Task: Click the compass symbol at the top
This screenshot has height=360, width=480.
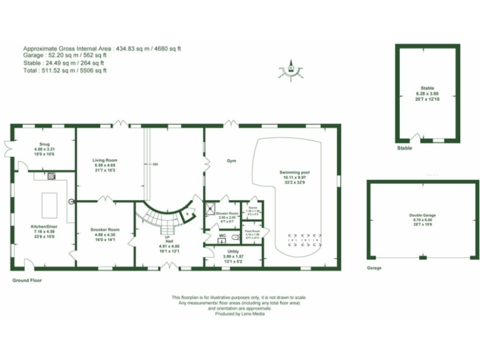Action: tap(291, 68)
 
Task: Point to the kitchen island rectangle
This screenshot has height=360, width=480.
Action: tap(49, 204)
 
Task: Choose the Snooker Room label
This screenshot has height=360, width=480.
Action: tap(104, 229)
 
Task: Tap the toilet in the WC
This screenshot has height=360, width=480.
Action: tap(234, 238)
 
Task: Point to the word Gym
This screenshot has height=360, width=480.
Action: tap(231, 161)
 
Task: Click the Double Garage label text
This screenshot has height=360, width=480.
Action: tap(422, 215)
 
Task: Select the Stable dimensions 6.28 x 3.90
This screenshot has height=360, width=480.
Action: tap(427, 94)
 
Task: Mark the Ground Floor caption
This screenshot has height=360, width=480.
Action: tap(27, 281)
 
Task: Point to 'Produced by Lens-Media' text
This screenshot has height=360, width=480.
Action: tap(239, 314)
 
